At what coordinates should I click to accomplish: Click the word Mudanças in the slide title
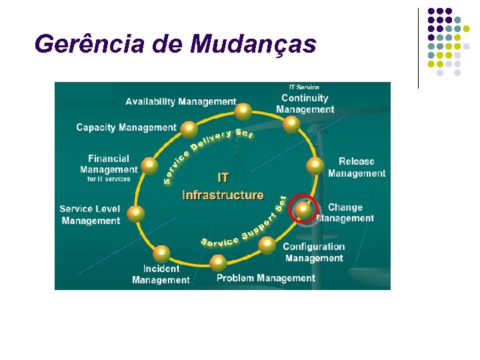tap(253, 44)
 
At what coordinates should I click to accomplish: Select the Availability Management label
tap(181, 102)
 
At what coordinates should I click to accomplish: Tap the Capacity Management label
tap(126, 127)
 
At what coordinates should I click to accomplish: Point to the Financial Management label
tap(109, 164)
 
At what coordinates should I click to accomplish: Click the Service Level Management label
tap(90, 215)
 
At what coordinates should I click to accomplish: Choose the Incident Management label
tap(161, 274)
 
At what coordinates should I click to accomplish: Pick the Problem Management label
tap(265, 278)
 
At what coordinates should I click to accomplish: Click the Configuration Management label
tap(313, 253)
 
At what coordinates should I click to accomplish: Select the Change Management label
tap(345, 213)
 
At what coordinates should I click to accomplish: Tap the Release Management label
tap(356, 167)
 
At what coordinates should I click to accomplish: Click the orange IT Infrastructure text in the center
tap(223, 187)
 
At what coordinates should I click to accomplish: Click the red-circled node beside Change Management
tap(303, 209)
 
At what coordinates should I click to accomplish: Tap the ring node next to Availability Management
tap(244, 110)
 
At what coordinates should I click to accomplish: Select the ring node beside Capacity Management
tap(189, 128)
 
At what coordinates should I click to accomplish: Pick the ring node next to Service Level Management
tap(135, 213)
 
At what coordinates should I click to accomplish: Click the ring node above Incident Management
tap(161, 253)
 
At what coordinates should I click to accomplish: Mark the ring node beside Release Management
tap(315, 166)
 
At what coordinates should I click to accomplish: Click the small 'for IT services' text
tap(109, 179)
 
